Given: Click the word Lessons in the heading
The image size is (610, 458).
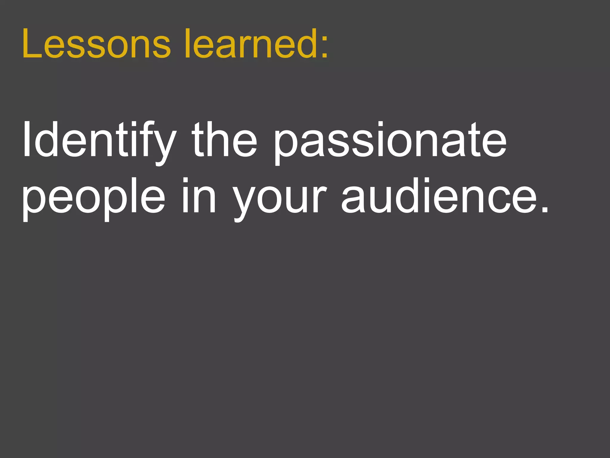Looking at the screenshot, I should click(x=96, y=44).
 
